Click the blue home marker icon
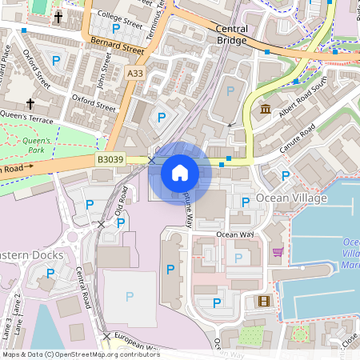coord(180,172)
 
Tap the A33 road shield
coord(135,73)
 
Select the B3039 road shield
coord(110,160)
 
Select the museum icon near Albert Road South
coord(265,109)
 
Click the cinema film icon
coord(263,301)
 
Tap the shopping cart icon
coord(278,252)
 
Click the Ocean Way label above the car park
coord(234,234)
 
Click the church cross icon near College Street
coord(58,17)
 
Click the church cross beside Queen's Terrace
coord(31,103)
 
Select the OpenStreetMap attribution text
coord(81,354)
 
